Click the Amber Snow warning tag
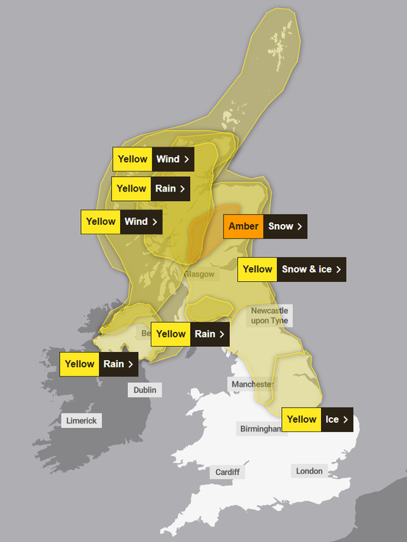(265, 226)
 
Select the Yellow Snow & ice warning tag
(291, 269)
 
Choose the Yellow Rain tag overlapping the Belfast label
(190, 334)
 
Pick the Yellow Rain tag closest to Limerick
(100, 364)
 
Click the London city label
(309, 471)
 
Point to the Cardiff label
(228, 473)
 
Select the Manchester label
(252, 384)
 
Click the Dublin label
(145, 390)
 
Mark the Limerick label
(81, 421)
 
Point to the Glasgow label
(199, 275)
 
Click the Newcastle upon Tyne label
(270, 316)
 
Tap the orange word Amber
(243, 226)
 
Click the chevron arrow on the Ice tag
(346, 419)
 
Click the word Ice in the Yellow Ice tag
(331, 419)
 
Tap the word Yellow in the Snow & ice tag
(257, 269)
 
